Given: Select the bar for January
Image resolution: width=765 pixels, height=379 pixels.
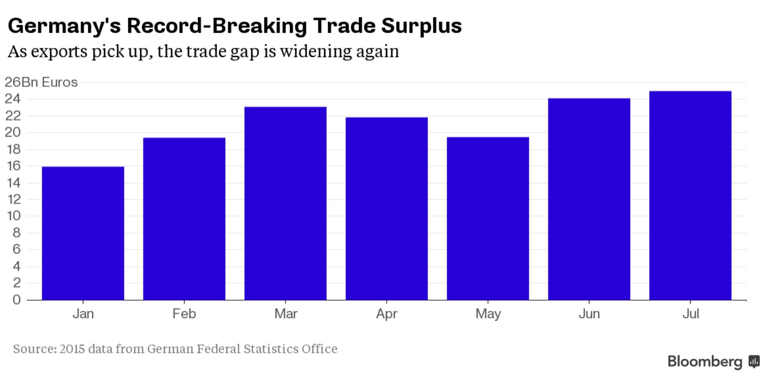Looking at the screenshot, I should (83, 233).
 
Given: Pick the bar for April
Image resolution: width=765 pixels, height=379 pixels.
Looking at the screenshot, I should (387, 208).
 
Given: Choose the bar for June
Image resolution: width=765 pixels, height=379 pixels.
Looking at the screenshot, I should (589, 199).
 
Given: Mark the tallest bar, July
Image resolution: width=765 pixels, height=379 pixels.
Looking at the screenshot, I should (690, 195).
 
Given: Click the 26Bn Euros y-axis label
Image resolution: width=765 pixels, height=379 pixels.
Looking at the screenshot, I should (41, 82).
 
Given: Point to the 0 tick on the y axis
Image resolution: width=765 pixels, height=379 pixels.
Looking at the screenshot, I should (17, 300).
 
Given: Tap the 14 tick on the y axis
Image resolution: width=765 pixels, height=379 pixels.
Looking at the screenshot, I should (13, 183).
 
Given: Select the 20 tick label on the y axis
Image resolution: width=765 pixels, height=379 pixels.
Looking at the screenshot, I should (13, 133).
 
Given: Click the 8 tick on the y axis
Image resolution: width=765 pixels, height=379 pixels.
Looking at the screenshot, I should (17, 233).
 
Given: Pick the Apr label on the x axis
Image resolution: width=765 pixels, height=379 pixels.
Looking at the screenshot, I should (387, 314).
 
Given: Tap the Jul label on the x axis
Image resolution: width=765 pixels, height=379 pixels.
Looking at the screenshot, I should (690, 314).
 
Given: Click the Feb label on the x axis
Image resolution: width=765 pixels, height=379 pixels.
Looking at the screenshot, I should (184, 314).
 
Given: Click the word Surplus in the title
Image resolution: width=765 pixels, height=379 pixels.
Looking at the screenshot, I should (421, 26).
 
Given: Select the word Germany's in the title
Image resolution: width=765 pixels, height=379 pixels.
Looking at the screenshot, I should (64, 26).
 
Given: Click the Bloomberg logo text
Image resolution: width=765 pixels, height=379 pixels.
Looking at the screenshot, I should (705, 362).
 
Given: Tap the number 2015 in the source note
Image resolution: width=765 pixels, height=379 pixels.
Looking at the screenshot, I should (72, 349).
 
